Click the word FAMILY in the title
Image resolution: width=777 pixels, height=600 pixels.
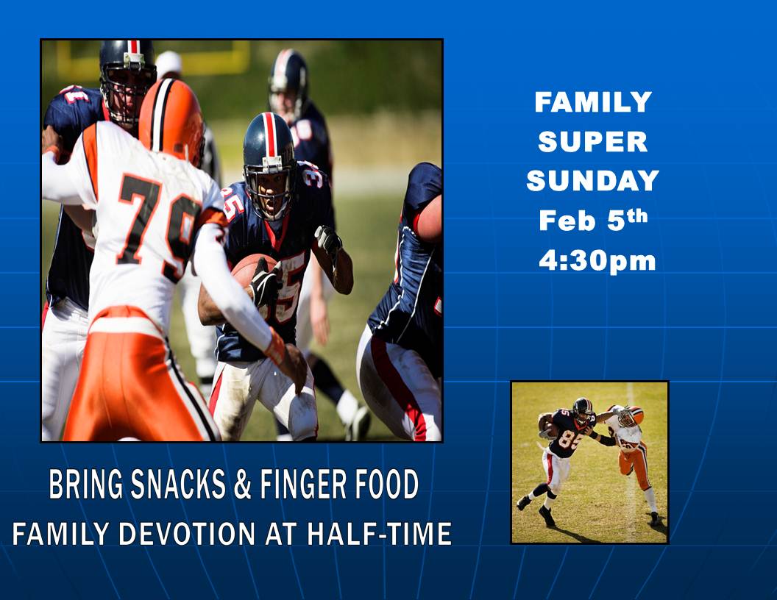tap(592, 102)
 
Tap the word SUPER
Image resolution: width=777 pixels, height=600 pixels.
tap(592, 142)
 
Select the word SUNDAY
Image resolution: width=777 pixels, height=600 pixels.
tap(592, 181)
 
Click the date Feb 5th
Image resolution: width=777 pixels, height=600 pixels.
tap(593, 220)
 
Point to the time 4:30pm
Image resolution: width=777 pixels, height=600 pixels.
tap(597, 260)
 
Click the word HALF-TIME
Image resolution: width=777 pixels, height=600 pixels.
tap(379, 534)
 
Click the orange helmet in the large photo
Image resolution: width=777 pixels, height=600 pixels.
tap(171, 121)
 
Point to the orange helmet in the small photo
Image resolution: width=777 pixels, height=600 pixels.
tap(631, 416)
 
